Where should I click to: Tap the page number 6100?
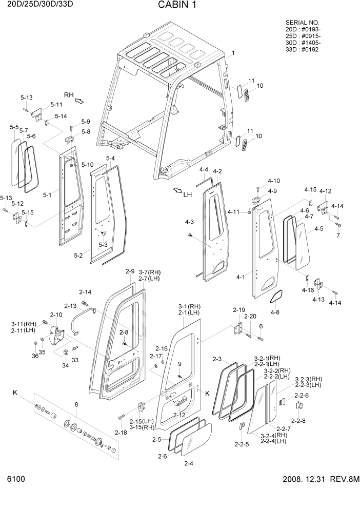pos(16,479)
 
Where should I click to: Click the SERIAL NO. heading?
pos(302,23)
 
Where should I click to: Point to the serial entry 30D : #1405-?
pos(303,43)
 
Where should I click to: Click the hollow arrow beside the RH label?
pos(79,101)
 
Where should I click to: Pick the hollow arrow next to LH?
pos(177,191)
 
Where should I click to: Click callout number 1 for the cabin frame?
pos(233,53)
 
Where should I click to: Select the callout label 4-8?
pos(275,312)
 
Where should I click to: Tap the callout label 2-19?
pos(239,310)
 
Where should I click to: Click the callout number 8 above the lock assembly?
pos(76,405)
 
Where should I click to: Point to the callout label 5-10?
pos(87,165)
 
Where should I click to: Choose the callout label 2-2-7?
pos(283,428)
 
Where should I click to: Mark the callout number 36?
pos(35,356)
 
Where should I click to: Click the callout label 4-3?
pos(189,222)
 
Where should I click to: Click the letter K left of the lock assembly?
pos(15,393)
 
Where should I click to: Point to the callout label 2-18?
pos(121,433)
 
